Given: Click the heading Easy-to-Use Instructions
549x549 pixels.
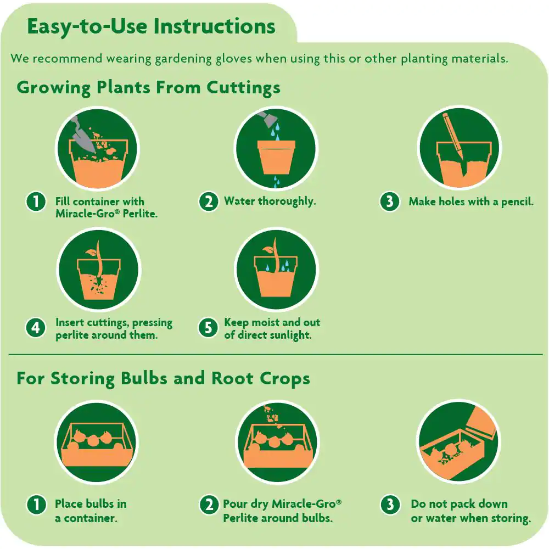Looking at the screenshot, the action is click(x=152, y=27).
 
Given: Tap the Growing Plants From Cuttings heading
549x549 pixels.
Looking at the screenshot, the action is click(x=148, y=88).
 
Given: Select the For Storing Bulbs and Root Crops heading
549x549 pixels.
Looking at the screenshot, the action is click(x=163, y=379).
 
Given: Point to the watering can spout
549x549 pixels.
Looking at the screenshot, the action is click(x=268, y=119).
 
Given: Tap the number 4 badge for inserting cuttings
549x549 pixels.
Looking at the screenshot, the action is click(x=36, y=328).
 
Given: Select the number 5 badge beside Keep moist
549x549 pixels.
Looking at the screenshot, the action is click(x=208, y=328).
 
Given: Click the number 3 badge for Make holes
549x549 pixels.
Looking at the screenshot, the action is click(x=390, y=201).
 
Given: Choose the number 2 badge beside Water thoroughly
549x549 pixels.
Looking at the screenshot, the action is click(x=209, y=201).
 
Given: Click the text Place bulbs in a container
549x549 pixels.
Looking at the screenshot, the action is click(x=91, y=511).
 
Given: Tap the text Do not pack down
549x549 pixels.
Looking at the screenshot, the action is click(x=459, y=504).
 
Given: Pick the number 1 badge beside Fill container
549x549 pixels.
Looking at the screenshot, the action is click(x=36, y=201).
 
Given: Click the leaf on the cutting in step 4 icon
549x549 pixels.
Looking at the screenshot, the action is click(x=91, y=252).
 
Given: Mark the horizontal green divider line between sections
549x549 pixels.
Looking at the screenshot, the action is click(x=276, y=355).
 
